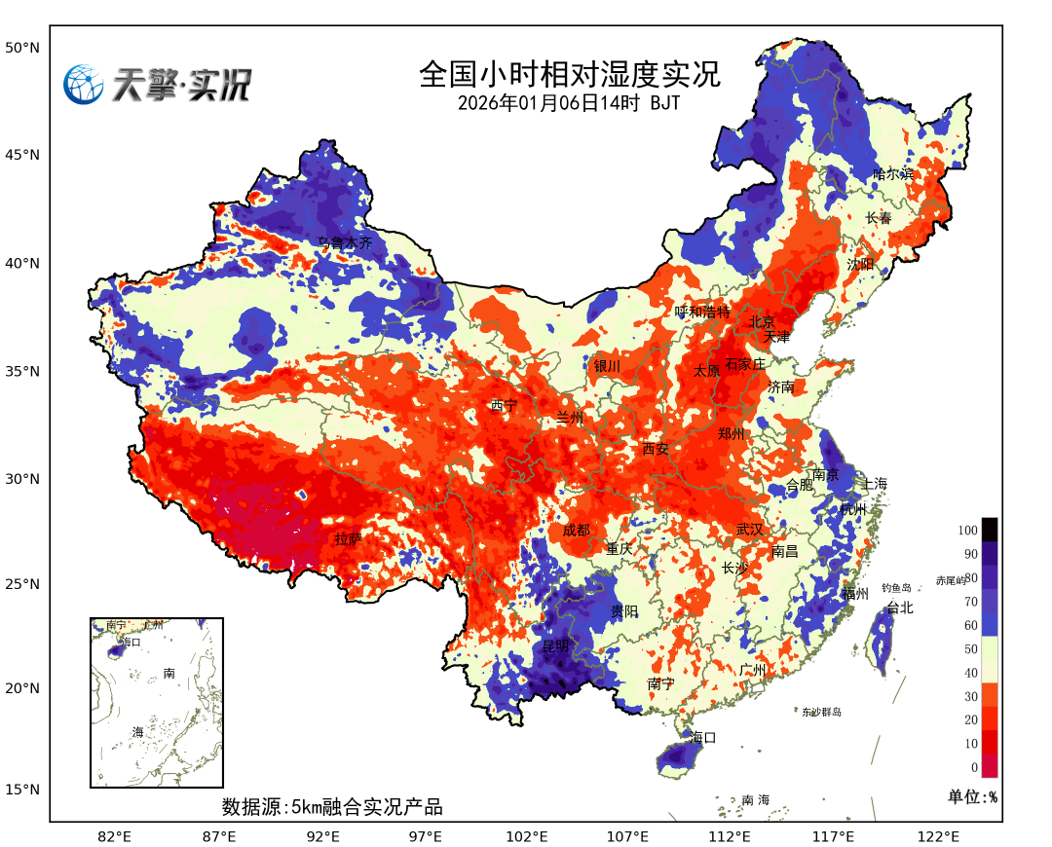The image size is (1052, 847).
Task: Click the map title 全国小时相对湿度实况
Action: (x=570, y=74)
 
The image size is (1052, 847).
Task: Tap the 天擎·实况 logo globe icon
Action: (x=84, y=85)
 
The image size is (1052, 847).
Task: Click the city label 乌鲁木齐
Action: (x=345, y=243)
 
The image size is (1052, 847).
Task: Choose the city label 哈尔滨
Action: (x=893, y=174)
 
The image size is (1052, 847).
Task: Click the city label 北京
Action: (x=762, y=322)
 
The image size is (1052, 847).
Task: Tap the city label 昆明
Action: (x=556, y=646)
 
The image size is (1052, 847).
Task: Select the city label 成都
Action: (x=576, y=531)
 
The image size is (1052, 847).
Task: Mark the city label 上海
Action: (x=875, y=484)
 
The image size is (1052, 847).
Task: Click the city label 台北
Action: (x=900, y=608)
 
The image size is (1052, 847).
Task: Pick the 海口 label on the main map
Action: (x=703, y=738)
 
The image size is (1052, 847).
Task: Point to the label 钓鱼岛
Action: (x=896, y=588)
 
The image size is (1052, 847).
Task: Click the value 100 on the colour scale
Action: (x=967, y=531)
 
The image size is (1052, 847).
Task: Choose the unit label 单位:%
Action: (x=972, y=796)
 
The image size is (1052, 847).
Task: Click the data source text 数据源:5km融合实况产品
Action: (x=332, y=807)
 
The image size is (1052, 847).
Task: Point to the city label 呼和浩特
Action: (x=702, y=312)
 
